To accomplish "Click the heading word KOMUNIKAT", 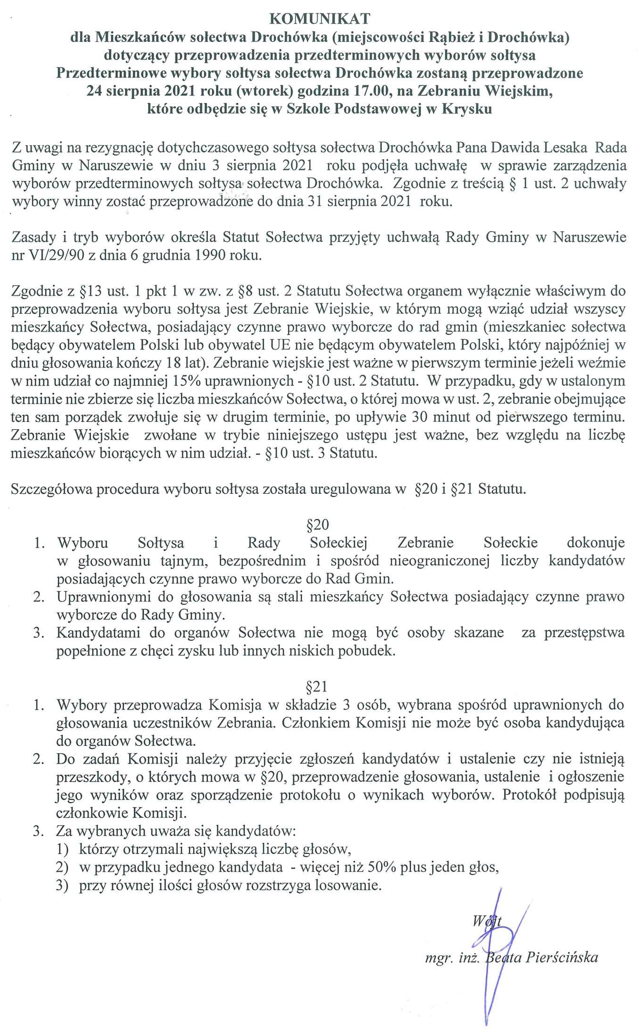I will point(319,19).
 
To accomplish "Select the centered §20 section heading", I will point(317,524).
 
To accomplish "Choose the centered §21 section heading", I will point(317,687).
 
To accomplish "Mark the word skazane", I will point(479,633).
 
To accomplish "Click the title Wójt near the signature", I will point(487,921).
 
